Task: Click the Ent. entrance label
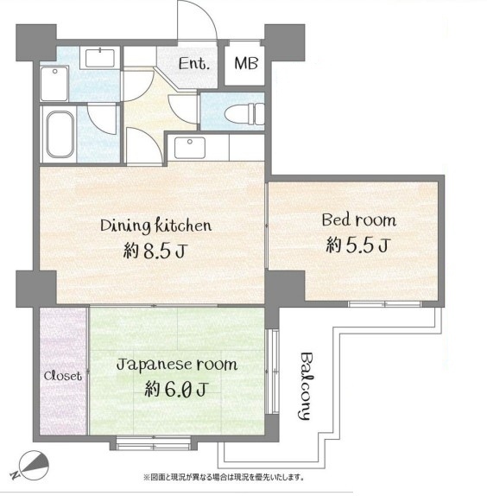[194, 64]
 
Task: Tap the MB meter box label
[246, 63]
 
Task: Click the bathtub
[60, 135]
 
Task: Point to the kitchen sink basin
[190, 148]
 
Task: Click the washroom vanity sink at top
[100, 58]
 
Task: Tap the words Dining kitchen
[155, 226]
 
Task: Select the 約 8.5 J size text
[155, 251]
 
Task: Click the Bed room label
[358, 219]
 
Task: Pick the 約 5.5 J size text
[358, 245]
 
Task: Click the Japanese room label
[177, 365]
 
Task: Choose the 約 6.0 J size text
[176, 390]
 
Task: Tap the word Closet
[62, 376]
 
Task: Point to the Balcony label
[306, 386]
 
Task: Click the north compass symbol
[34, 466]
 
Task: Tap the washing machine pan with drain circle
[54, 84]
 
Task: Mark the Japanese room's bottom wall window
[154, 442]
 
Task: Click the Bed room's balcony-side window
[384, 304]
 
